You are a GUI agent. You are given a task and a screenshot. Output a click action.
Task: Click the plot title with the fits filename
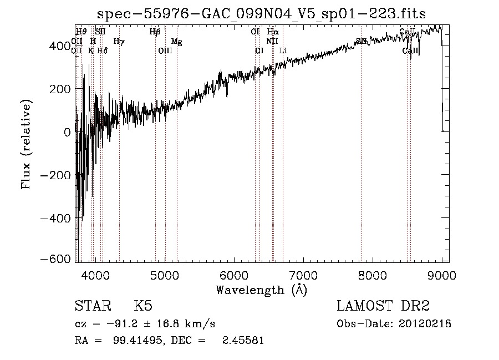(x=261, y=14)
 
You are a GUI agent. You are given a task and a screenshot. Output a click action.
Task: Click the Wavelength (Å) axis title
(x=261, y=290)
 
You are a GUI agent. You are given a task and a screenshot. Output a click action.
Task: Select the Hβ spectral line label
(x=155, y=32)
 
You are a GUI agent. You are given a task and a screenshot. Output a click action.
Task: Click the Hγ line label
(x=119, y=41)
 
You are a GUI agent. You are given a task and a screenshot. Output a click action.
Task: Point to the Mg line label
(x=176, y=42)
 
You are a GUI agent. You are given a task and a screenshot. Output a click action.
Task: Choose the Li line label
(x=283, y=50)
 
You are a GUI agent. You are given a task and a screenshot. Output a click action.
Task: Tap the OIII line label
(x=165, y=50)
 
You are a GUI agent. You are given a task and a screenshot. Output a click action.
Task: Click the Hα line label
(x=273, y=32)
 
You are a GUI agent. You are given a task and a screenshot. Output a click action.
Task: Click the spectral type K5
(x=143, y=306)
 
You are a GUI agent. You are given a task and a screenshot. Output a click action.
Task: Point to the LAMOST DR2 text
(x=383, y=306)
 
